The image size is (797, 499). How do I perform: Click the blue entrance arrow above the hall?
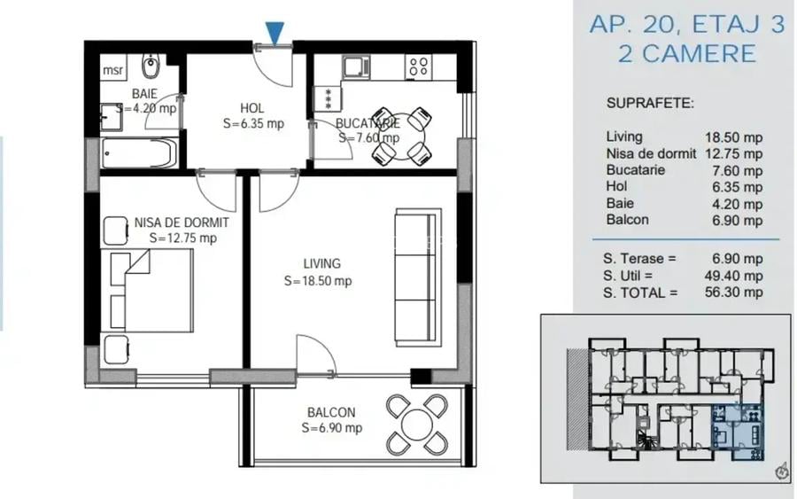[275, 33]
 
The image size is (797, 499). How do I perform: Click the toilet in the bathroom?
[151, 66]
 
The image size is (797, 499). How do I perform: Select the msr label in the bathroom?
[112, 70]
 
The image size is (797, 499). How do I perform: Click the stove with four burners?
[418, 65]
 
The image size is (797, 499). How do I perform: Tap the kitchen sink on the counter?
[356, 66]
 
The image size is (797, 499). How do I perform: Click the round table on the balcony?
[416, 423]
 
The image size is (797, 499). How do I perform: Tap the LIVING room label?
[321, 263]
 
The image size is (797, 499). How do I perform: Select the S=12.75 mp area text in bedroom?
[182, 238]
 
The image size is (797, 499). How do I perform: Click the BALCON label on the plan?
[331, 412]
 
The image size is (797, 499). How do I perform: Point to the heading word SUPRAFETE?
[650, 103]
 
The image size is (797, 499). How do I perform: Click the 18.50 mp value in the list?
[733, 137]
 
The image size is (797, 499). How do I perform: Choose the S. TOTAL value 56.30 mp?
[733, 292]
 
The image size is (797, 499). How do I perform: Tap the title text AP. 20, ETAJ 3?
[686, 24]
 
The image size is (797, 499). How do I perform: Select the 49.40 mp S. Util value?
[733, 276]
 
